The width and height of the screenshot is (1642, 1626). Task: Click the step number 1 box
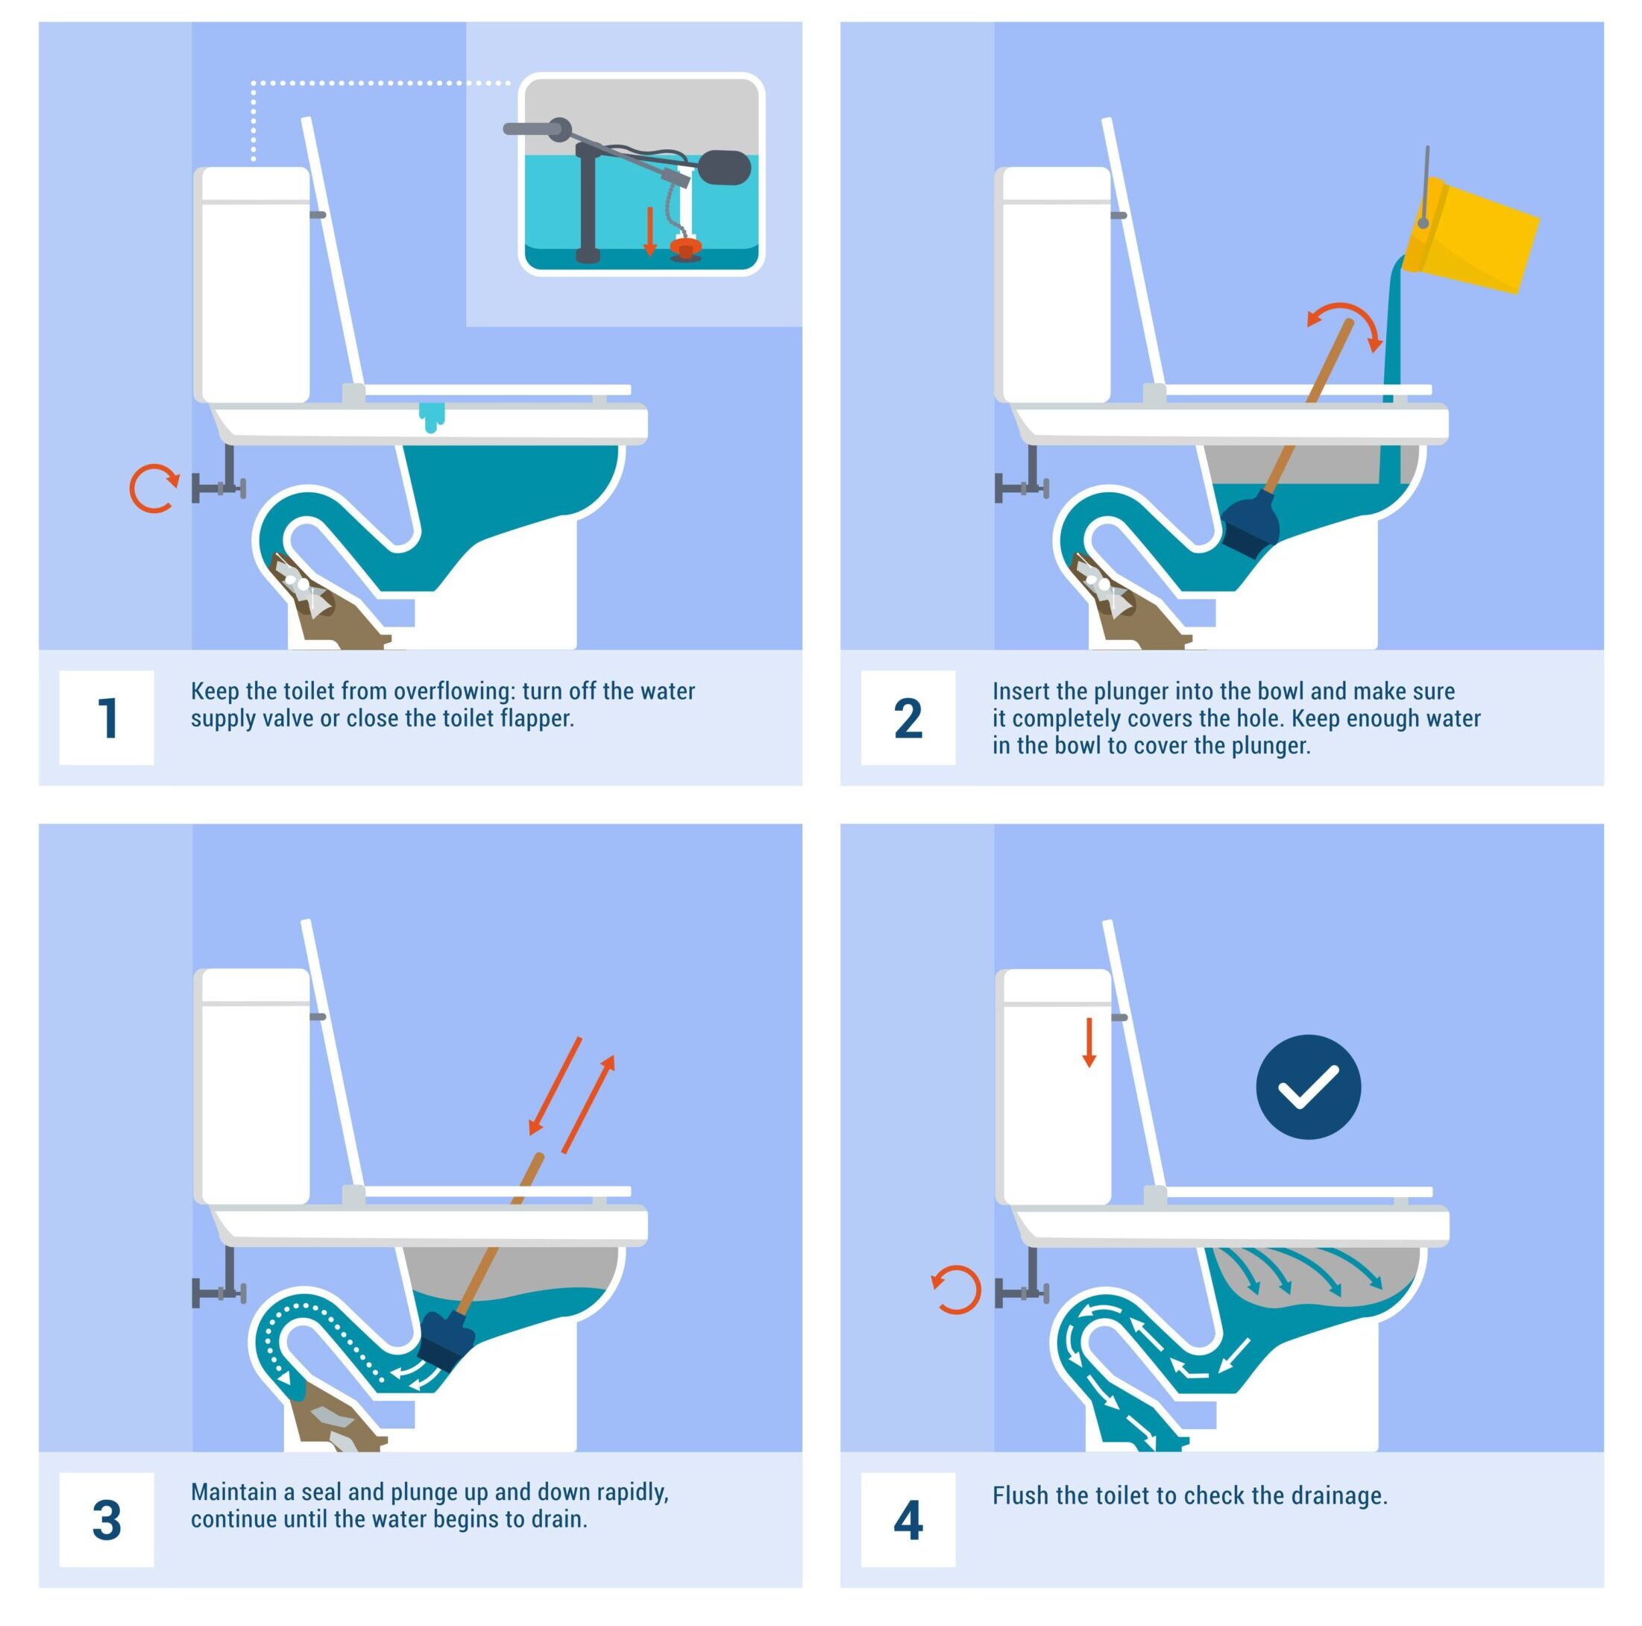(106, 718)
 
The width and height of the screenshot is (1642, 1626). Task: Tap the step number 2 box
(907, 718)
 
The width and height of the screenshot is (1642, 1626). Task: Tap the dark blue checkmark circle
(1308, 1087)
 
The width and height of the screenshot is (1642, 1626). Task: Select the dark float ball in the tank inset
(723, 166)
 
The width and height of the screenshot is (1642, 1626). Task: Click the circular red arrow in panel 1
(153, 489)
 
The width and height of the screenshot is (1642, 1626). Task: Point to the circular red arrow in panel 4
(956, 1290)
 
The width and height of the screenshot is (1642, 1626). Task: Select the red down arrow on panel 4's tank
(1089, 1041)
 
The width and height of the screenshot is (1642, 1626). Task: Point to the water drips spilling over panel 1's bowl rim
(432, 416)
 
